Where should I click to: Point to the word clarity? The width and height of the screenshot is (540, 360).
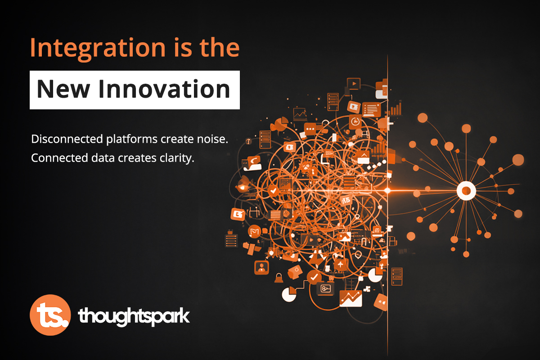(178, 158)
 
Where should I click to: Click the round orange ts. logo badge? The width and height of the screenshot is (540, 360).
(49, 315)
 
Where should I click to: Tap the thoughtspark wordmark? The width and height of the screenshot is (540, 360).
(134, 316)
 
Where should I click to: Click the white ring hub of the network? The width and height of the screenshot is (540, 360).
(466, 191)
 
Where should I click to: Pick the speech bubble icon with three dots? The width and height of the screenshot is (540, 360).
(310, 129)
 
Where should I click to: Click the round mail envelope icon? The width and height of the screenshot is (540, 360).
(254, 232)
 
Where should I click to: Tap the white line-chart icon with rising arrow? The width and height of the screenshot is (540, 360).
(351, 297)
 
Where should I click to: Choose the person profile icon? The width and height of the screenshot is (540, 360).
(261, 267)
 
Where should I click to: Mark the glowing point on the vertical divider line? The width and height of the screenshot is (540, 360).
(387, 191)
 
